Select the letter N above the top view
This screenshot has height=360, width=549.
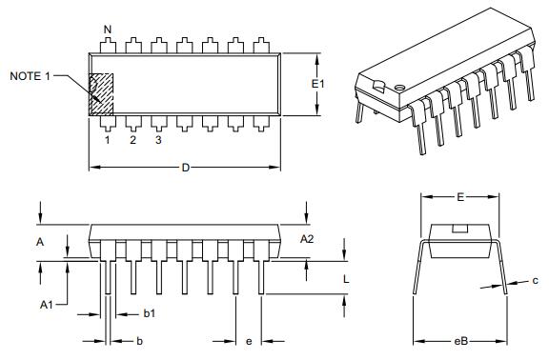click(x=108, y=30)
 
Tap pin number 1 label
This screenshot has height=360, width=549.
click(x=107, y=140)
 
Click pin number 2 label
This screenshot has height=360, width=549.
click(x=132, y=140)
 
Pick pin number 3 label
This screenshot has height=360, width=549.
click(x=158, y=140)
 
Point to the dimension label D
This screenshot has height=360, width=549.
click(x=186, y=169)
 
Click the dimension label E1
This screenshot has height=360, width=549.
click(x=319, y=84)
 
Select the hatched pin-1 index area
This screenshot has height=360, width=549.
click(x=101, y=94)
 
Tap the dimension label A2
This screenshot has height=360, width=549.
click(x=307, y=238)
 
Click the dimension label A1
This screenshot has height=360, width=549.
click(x=46, y=304)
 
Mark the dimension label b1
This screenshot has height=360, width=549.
click(x=150, y=313)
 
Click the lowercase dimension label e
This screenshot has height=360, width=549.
click(x=249, y=341)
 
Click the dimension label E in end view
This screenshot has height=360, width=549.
click(x=460, y=197)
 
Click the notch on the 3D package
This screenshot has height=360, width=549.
click(x=379, y=87)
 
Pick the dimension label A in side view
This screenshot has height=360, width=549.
click(x=40, y=243)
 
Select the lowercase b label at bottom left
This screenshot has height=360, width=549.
click(x=139, y=341)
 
